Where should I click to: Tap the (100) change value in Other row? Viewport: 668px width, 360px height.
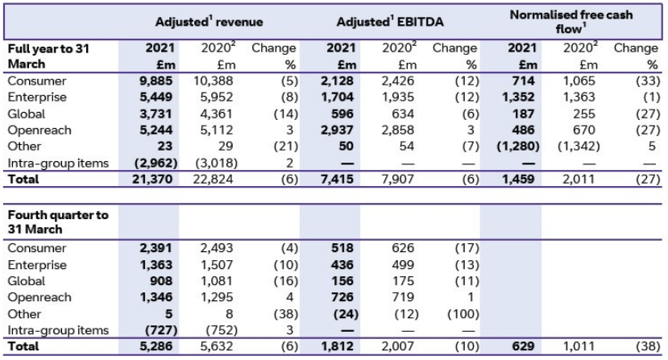click(x=460, y=314)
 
